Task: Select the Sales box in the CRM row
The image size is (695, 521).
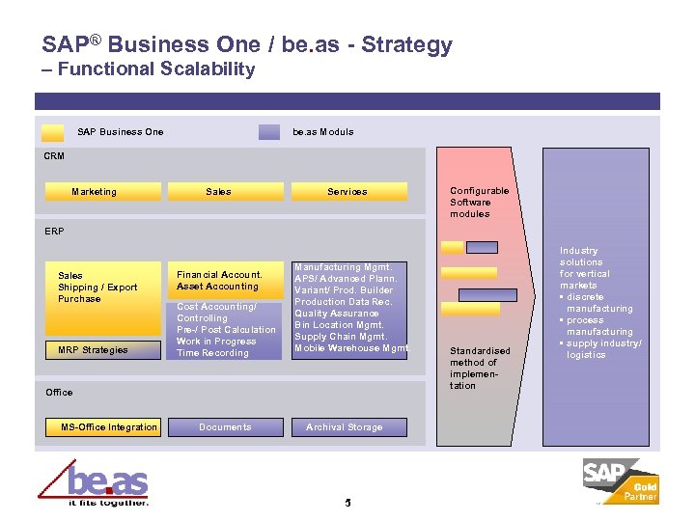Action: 219,191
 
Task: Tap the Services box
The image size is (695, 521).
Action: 347,191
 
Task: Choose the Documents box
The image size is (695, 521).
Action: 225,426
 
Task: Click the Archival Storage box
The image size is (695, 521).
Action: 345,426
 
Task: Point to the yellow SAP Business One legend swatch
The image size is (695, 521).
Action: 54,132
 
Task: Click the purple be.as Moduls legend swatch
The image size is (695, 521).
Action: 269,132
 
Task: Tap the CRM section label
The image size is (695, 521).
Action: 54,155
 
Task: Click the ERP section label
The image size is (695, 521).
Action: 54,232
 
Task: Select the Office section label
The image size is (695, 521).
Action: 59,392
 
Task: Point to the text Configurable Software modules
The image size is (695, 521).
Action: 480,203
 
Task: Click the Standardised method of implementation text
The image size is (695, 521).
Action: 480,368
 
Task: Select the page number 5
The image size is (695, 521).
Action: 347,502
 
